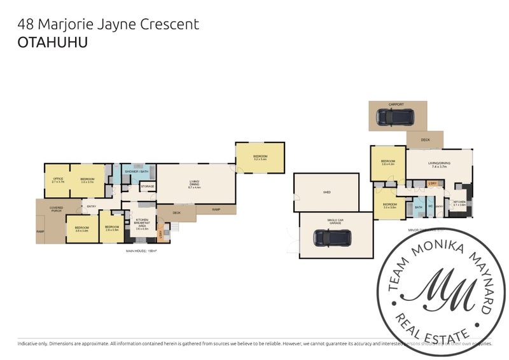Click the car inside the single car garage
tap(331, 237)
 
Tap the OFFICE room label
tap(57, 180)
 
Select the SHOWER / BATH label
tap(136, 172)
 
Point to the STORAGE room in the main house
tap(147, 186)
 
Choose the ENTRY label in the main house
tap(92, 205)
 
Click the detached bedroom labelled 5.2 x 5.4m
tap(260, 157)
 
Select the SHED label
tap(326, 191)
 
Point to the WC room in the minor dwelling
tap(431, 207)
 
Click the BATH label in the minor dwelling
tap(418, 207)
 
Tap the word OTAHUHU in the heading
tap(53, 43)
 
